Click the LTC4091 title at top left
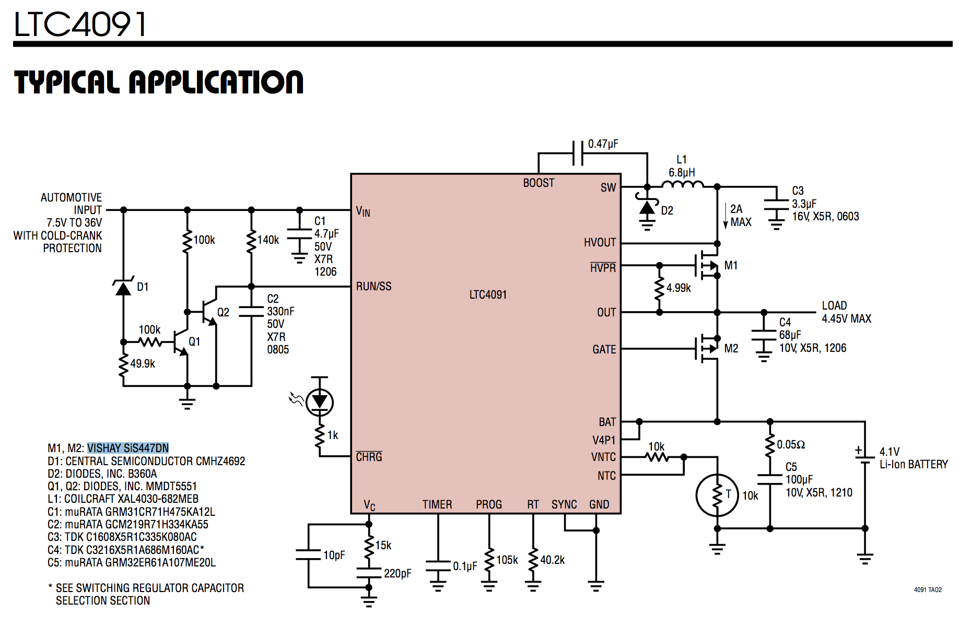pos(79,24)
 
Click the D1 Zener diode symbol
pos(123,288)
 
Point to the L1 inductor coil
pos(682,184)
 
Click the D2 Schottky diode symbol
pos(647,208)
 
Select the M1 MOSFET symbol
pos(708,266)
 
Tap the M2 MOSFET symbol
pos(708,348)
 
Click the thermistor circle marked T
pos(717,495)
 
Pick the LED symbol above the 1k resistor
pos(319,402)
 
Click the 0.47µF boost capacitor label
pos(603,144)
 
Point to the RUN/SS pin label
pos(373,287)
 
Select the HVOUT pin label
pos(600,243)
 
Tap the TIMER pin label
pos(437,505)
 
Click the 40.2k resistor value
pos(553,560)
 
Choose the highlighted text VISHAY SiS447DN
pos(128,448)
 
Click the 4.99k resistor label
pos(679,288)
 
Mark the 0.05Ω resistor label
pos(791,445)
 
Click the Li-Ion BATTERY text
pos(914,465)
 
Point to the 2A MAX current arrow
pos(726,216)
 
